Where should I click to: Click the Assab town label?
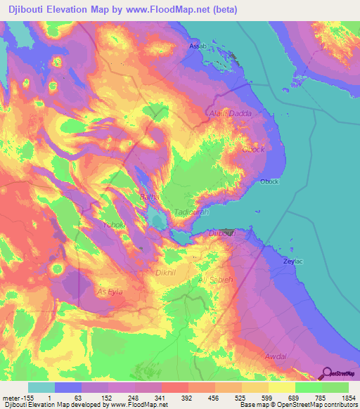pos(198,46)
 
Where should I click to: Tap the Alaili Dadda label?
pos(230,112)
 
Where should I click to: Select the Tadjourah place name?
pos(189,211)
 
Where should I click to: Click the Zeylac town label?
pos(292,261)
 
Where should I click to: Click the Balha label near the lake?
pos(148,197)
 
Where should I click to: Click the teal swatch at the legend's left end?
pos(41,387)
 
